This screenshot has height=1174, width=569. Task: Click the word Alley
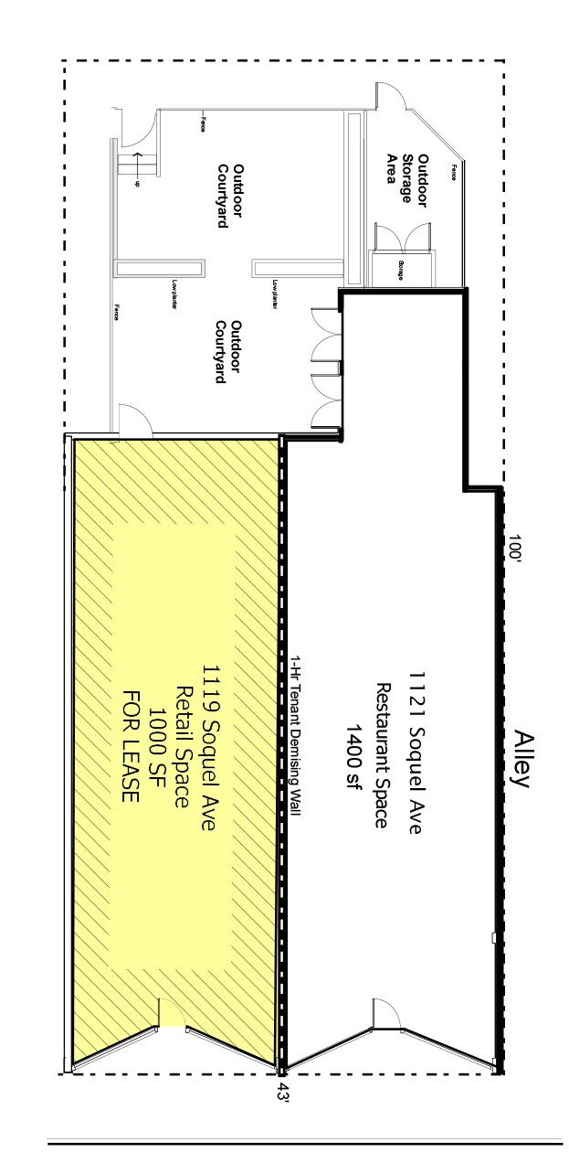click(522, 758)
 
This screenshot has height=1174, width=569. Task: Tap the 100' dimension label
click(518, 551)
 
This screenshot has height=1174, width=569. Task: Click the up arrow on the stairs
click(137, 168)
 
